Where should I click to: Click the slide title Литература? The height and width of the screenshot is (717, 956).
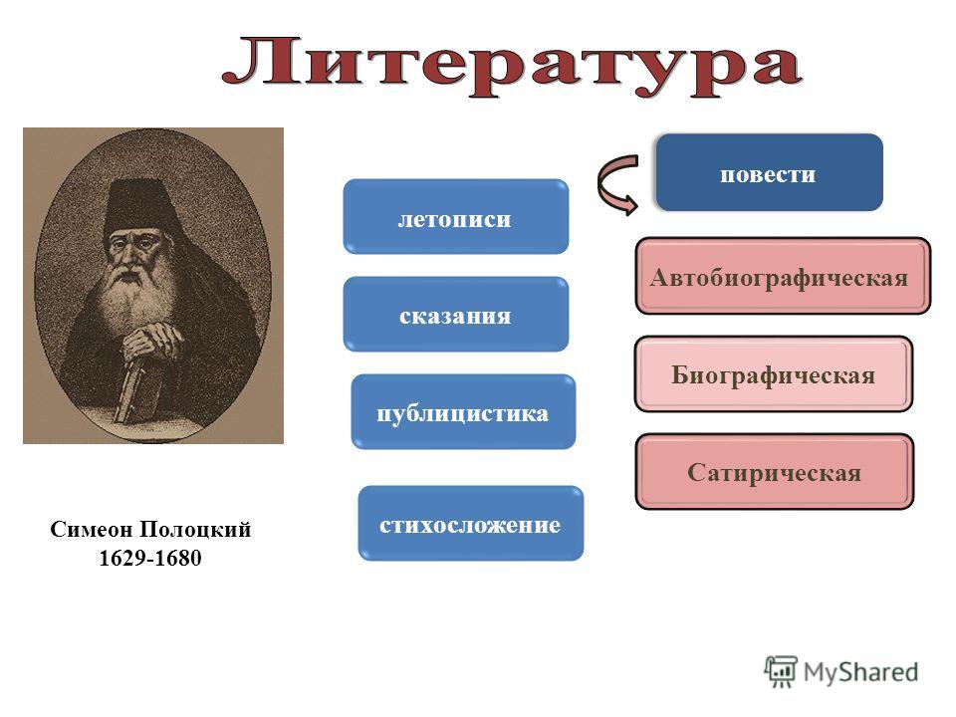(511, 67)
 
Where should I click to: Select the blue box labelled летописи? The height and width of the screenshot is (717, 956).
(456, 216)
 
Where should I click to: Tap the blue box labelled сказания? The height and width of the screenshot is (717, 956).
(456, 314)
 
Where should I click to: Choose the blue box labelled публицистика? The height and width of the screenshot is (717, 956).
(463, 412)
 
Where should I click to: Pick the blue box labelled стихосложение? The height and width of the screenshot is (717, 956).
(471, 523)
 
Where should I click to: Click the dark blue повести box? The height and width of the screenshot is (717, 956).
(770, 172)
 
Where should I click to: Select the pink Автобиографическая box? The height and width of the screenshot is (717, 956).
(783, 276)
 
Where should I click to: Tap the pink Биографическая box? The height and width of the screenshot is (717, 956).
(774, 373)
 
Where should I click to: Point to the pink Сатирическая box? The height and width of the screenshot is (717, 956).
(775, 471)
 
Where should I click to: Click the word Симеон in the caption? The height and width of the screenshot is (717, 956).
(92, 529)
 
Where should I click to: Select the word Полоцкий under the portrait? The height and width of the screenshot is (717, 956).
(196, 530)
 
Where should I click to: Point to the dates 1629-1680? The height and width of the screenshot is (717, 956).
(150, 558)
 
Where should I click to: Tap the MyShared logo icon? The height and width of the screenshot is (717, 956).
(781, 672)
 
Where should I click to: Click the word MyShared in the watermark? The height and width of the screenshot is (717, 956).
(860, 672)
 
